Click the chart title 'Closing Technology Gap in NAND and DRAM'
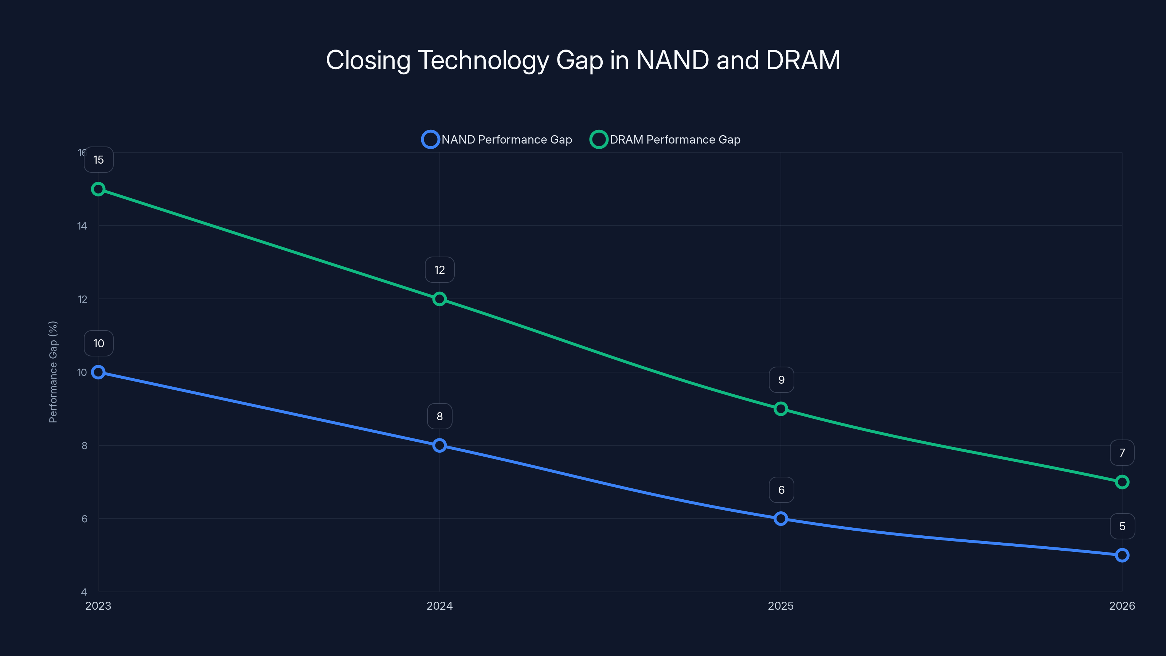click(583, 60)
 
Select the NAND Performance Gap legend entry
click(497, 140)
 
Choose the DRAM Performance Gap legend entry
click(665, 140)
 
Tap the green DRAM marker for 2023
click(98, 189)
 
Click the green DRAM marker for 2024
click(439, 299)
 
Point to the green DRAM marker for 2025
click(781, 409)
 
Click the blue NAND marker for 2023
click(98, 372)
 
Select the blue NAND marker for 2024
click(439, 445)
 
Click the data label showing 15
click(99, 160)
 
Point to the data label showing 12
click(439, 270)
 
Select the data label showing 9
click(781, 380)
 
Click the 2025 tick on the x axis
click(781, 606)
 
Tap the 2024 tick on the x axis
click(439, 606)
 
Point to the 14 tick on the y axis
click(82, 226)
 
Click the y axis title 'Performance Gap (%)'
click(53, 372)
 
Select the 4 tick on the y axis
click(84, 592)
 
